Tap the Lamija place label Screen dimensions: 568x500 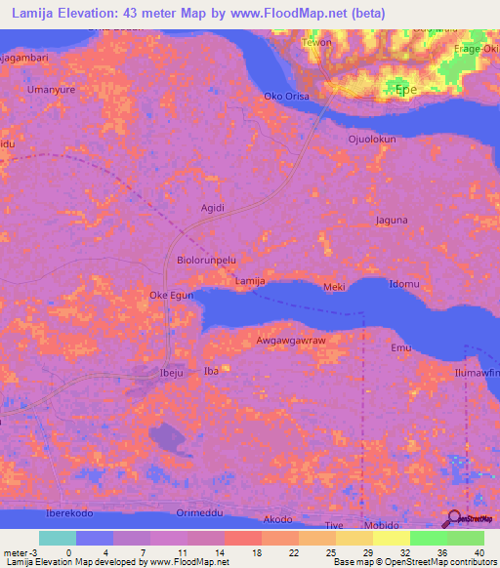251,281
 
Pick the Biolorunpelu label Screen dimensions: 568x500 207,262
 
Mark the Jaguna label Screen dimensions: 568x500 390,222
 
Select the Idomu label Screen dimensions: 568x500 404,284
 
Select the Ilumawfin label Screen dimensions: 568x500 479,373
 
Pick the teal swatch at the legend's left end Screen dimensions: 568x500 58,538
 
